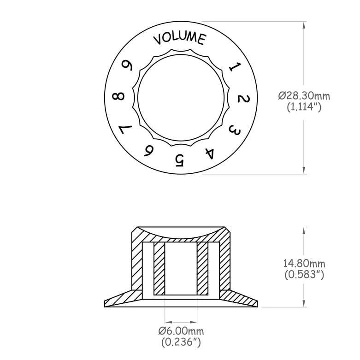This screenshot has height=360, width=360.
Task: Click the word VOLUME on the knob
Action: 180,38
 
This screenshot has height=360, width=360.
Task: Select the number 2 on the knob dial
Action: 244,100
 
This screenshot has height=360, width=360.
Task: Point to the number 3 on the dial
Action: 234,131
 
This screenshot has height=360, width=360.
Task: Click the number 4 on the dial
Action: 210,153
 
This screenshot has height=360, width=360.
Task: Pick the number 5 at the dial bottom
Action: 179,160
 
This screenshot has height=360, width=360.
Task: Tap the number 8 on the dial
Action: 118,97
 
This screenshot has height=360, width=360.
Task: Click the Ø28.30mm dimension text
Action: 304,96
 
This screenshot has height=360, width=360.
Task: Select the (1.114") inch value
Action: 304,107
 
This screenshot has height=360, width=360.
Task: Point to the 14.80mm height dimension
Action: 304,264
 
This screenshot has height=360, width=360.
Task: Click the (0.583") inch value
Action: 304,275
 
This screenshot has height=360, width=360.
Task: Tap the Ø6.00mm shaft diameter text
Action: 181,331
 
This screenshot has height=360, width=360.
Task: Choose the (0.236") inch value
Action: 181,342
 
